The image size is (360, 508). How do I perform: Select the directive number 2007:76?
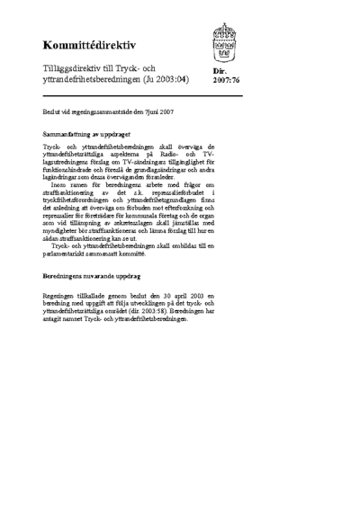pyautogui.click(x=226, y=81)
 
